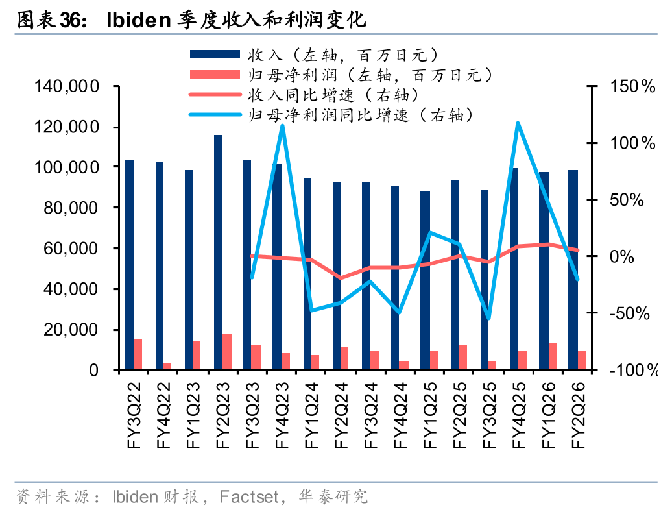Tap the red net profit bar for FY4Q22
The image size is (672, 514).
coord(167,366)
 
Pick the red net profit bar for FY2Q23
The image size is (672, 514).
coord(227,352)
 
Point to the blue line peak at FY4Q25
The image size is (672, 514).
coord(517,123)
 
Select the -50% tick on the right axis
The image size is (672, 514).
coord(629,313)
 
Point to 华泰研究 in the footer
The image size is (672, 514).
coord(333,497)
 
